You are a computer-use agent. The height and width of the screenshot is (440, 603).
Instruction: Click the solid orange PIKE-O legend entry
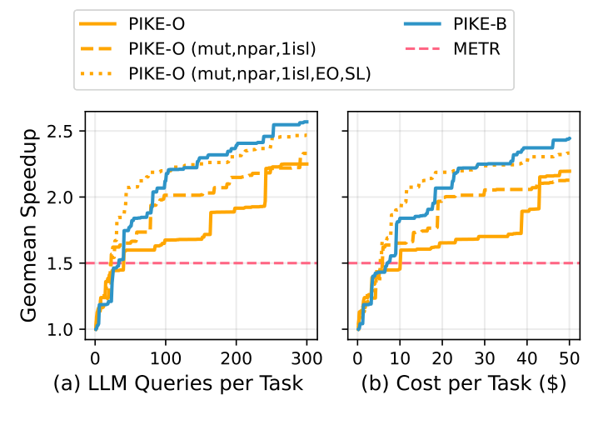pyautogui.click(x=154, y=27)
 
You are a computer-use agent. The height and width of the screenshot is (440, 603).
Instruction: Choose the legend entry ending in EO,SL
pyautogui.click(x=249, y=73)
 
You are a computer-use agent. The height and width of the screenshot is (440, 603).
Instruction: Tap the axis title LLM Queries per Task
pyautogui.click(x=178, y=385)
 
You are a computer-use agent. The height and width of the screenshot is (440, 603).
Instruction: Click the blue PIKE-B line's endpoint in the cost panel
pyautogui.click(x=570, y=138)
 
